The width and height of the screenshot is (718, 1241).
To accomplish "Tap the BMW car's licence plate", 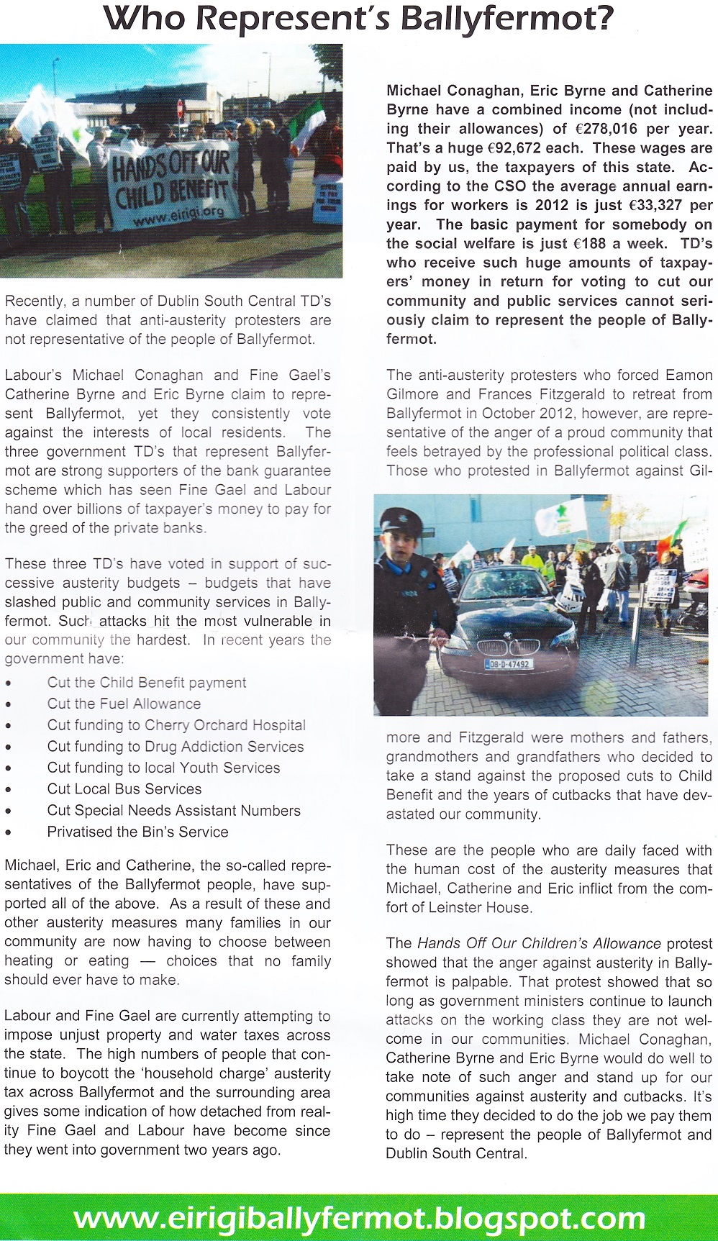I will (509, 664).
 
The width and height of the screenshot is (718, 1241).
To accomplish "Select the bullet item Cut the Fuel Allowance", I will (124, 704).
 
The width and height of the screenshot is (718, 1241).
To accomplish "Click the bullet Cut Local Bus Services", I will (124, 788).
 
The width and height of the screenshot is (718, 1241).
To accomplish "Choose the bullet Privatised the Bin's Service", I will (137, 832).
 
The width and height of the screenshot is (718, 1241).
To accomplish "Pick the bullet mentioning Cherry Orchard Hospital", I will (176, 725).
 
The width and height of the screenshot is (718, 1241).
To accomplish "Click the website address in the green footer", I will (359, 1218).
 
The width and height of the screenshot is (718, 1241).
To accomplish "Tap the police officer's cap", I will (400, 519).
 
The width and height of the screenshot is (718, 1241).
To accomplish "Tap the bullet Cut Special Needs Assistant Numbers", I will (173, 810).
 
